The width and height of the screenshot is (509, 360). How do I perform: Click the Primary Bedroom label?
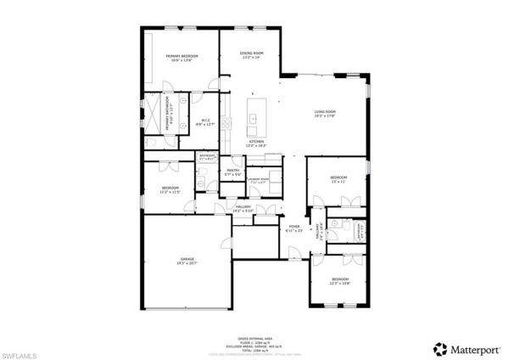(x=182, y=56)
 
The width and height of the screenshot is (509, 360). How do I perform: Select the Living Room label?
(x=326, y=112)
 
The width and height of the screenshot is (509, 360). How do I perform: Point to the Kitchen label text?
(x=255, y=141)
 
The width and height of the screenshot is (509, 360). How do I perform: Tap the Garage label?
(x=187, y=258)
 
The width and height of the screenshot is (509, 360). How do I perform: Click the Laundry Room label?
(x=258, y=180)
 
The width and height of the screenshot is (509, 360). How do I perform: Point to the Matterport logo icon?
(x=439, y=348)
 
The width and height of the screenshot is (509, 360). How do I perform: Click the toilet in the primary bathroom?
(x=148, y=143)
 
